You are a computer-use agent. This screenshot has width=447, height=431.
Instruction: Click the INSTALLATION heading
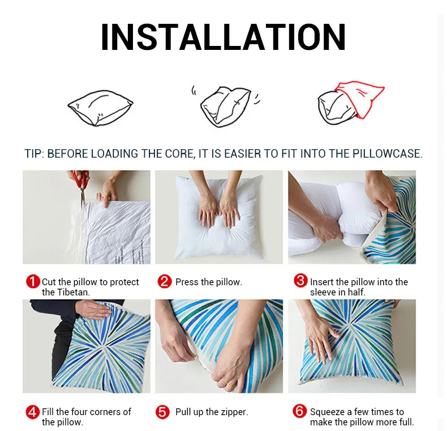click(223, 37)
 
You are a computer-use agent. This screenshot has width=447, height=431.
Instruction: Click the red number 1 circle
click(33, 281)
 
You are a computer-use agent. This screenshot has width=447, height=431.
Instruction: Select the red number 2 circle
click(165, 281)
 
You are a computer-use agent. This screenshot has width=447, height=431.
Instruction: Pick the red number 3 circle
click(300, 280)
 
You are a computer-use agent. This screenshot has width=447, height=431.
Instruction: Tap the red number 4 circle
click(33, 412)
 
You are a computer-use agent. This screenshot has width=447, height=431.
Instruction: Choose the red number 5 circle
click(162, 412)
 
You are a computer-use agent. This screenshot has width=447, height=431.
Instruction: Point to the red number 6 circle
click(300, 411)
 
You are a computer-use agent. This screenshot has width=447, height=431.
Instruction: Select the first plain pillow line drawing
click(100, 108)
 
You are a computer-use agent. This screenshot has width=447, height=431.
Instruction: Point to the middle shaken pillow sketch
click(225, 106)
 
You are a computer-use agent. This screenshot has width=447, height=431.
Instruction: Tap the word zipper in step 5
click(234, 412)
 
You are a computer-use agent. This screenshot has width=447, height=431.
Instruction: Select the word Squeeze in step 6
click(327, 412)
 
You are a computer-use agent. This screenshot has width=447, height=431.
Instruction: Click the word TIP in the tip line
click(33, 154)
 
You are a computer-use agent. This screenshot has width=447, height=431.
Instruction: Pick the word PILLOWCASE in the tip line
click(386, 154)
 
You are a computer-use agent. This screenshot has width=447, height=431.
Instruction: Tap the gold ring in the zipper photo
click(230, 384)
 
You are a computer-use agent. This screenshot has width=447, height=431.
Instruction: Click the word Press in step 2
click(187, 282)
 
